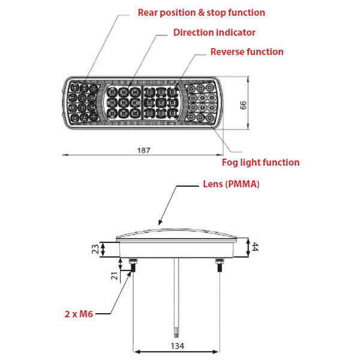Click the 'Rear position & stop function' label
[x=201, y=13]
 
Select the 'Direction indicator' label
[x=214, y=32]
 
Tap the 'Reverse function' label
[x=247, y=52]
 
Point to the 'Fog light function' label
[x=260, y=163]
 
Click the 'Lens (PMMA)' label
[x=231, y=184]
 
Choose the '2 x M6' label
[x=79, y=314]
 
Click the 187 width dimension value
[x=144, y=151]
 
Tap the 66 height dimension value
[x=243, y=106]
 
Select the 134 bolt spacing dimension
[x=178, y=346]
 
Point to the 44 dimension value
[x=255, y=247]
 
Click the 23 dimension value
[x=95, y=249]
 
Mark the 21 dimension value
[x=115, y=276]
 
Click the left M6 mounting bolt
[x=133, y=265]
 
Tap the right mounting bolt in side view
[x=219, y=265]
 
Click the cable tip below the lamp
[x=176, y=334]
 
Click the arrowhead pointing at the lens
[x=160, y=222]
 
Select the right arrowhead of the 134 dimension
[x=215, y=352]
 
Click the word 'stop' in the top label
[x=216, y=13]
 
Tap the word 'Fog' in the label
[x=230, y=163]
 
